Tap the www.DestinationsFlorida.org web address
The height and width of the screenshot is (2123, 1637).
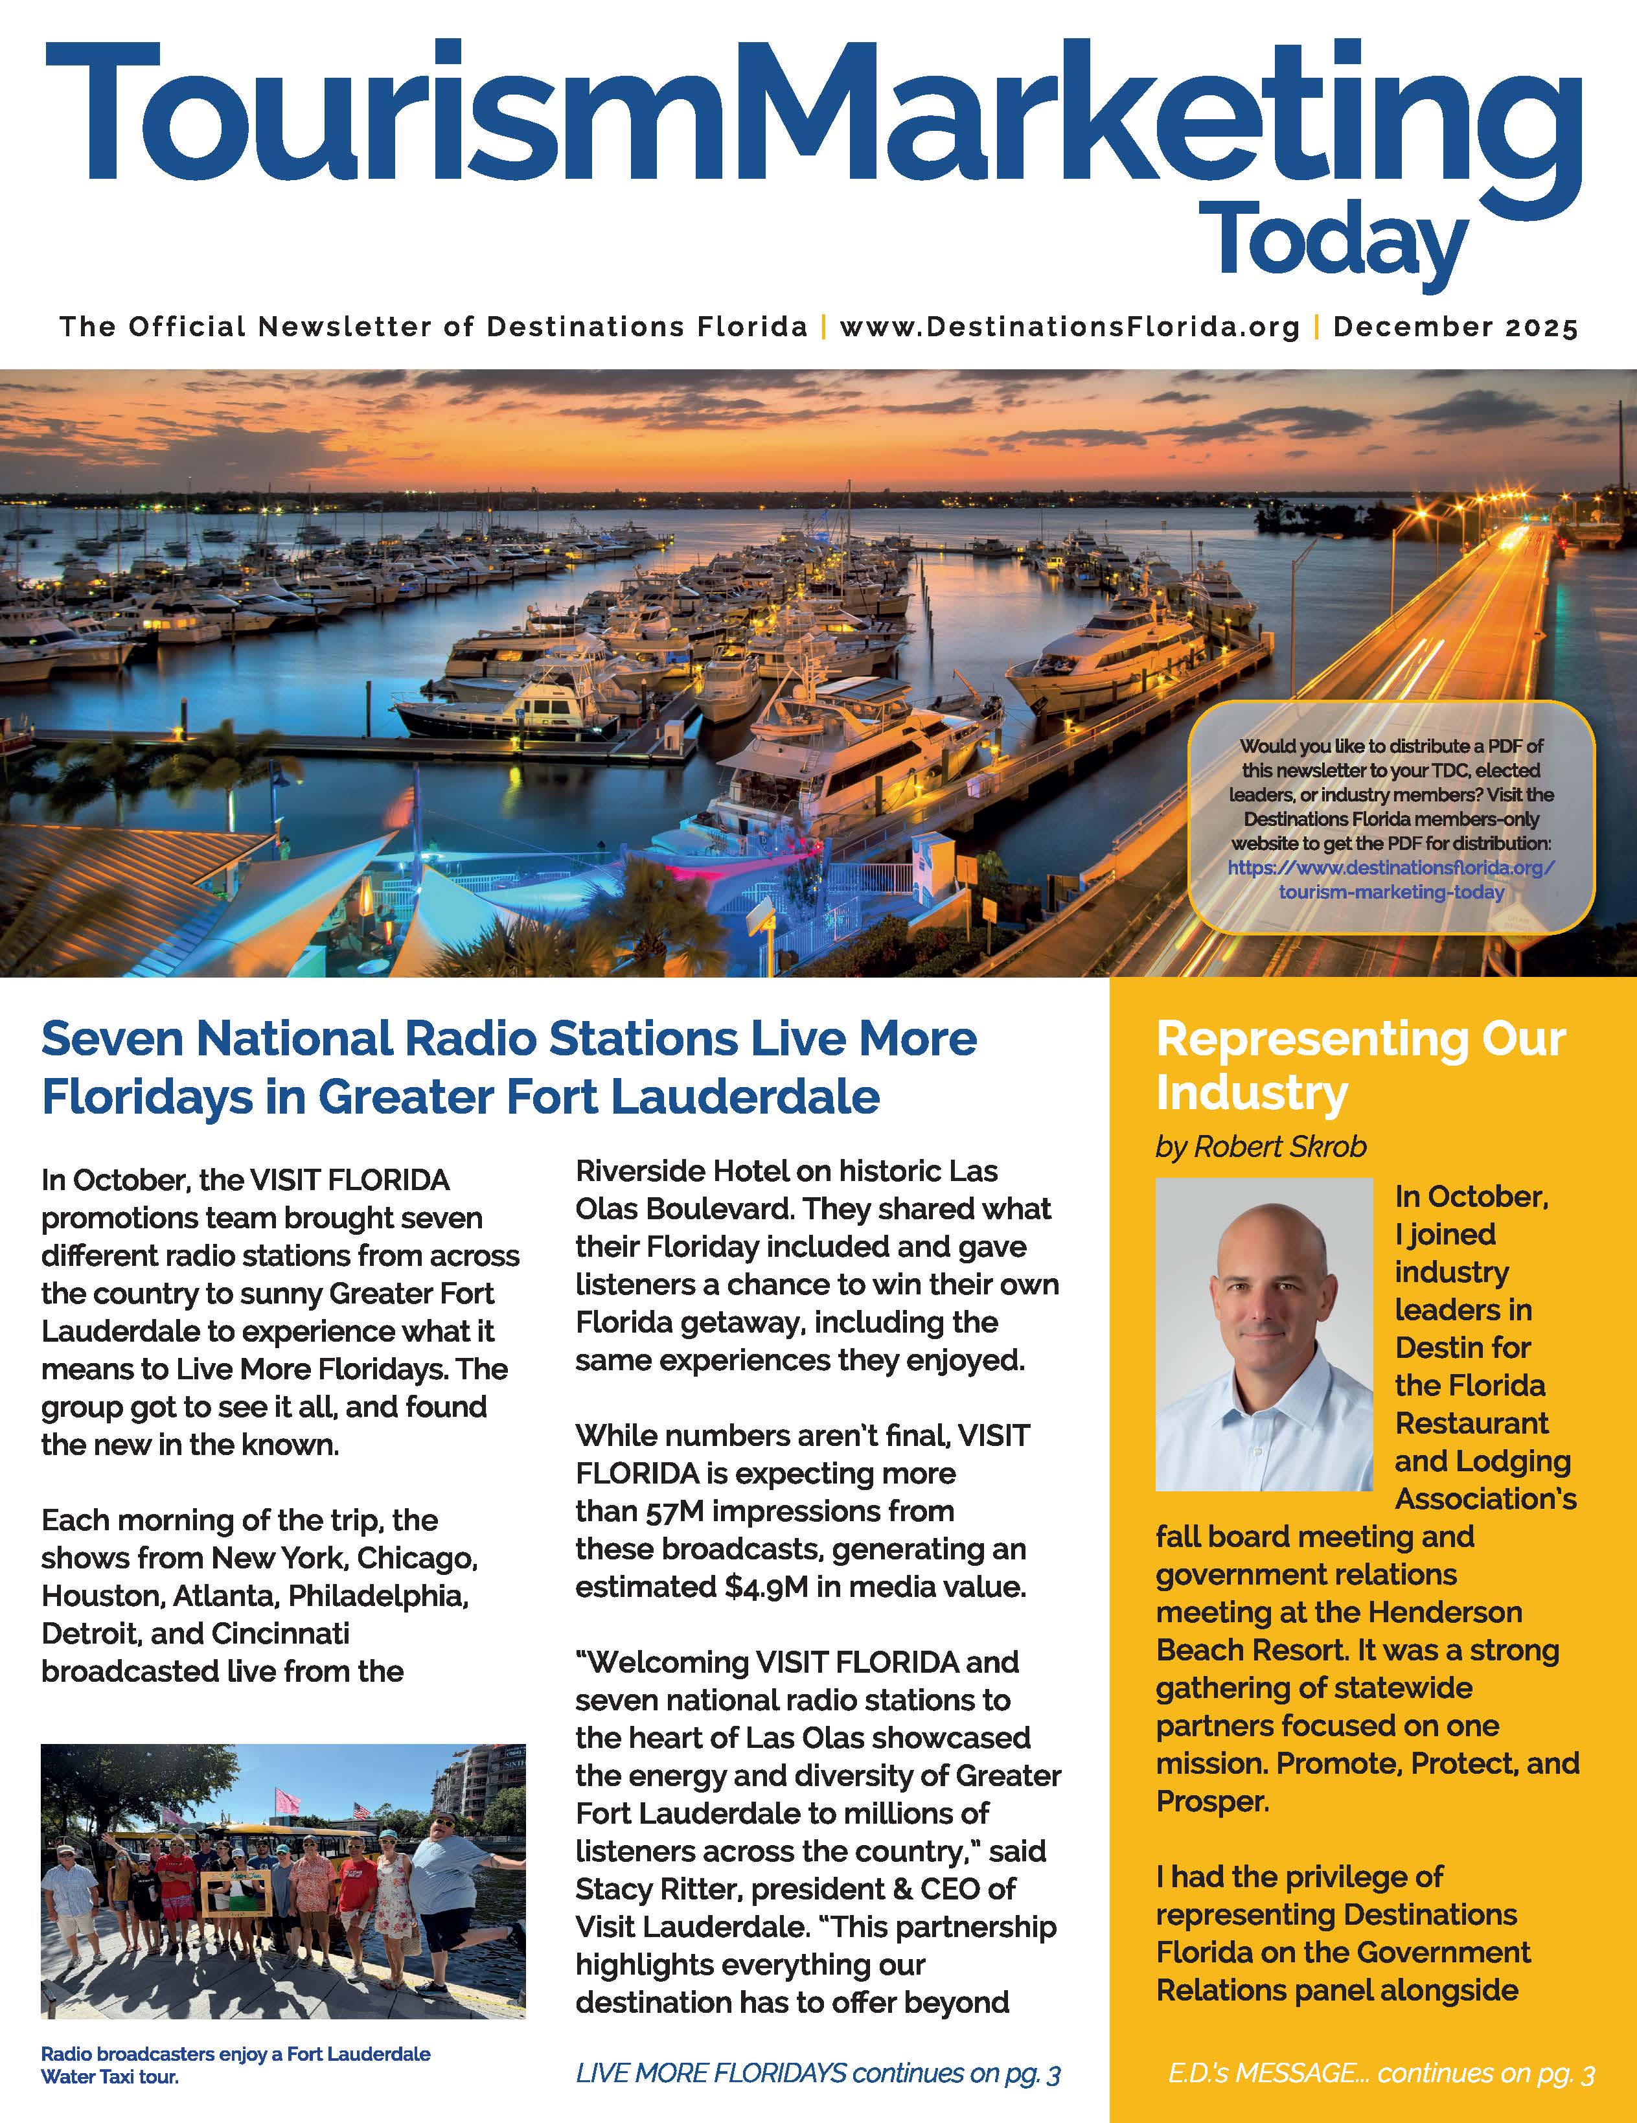(x=1070, y=327)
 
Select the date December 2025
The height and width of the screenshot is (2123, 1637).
(x=1455, y=327)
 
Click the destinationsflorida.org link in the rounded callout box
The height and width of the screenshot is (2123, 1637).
(x=1391, y=880)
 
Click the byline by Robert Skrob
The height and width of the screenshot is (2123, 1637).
(x=1261, y=1147)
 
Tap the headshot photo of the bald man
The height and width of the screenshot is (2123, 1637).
(x=1264, y=1334)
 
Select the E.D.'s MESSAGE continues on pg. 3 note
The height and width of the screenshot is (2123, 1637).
(x=1380, y=2073)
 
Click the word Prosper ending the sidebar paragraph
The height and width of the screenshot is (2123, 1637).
(x=1211, y=1801)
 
